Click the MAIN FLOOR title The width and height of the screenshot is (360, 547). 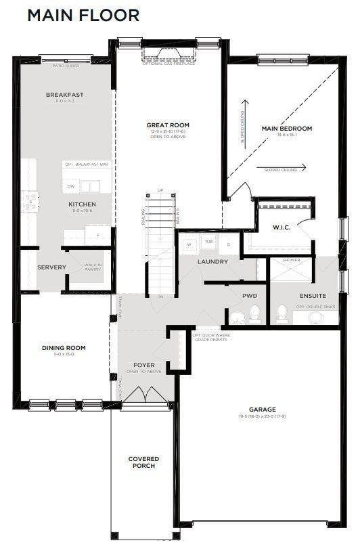tap(83, 15)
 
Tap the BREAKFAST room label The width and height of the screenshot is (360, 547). tap(65, 95)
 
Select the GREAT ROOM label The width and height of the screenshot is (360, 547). tap(168, 125)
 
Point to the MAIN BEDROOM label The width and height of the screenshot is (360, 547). tap(286, 129)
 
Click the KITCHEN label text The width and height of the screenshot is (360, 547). tap(82, 204)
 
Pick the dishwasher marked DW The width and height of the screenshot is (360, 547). tap(71, 186)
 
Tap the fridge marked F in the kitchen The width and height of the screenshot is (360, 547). tap(97, 236)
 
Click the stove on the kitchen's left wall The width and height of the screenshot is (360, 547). tap(30, 201)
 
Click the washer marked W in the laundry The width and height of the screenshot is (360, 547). tap(189, 244)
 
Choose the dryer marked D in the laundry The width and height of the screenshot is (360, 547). tap(229, 244)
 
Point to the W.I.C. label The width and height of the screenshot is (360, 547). tap(282, 227)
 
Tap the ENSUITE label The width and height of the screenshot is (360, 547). tap(313, 296)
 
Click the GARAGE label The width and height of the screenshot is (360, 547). tap(262, 409)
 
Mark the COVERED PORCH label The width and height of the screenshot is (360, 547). tap(143, 462)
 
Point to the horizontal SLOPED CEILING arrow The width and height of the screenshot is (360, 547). tap(284, 169)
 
